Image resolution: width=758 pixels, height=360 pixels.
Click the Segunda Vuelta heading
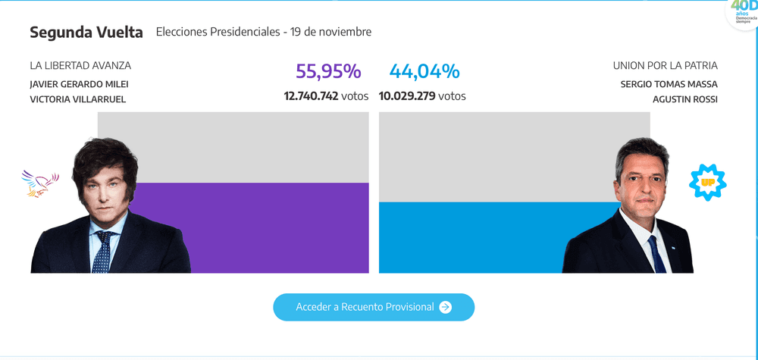pos(86,33)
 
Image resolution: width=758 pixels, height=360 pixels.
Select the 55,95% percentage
pos(328,72)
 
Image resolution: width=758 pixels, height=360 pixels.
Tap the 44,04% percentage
pos(424,72)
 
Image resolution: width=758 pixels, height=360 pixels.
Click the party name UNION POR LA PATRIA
pos(665,66)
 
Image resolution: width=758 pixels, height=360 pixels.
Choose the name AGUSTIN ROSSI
pos(684,99)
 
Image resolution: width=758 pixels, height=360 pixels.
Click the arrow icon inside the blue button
pos(446,307)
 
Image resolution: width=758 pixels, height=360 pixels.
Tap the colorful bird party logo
pos(41,183)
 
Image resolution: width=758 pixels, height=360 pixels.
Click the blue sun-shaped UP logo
pos(707,183)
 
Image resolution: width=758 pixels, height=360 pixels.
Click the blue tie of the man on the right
pos(656,255)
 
